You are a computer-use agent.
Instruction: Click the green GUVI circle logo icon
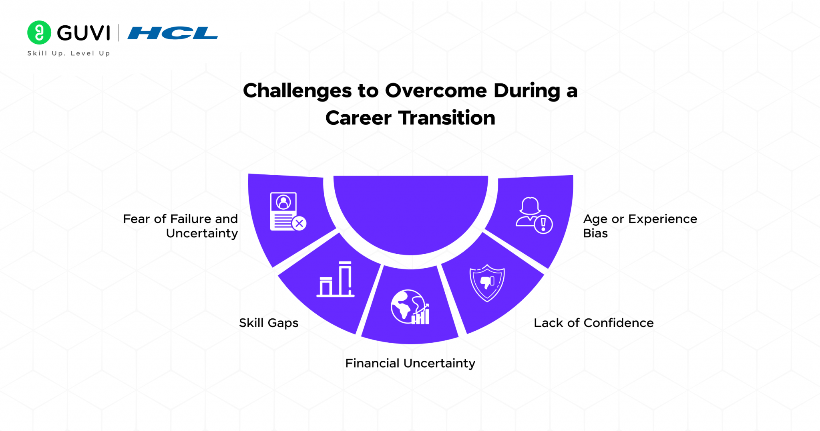tap(39, 32)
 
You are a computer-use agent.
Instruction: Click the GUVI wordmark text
tap(83, 33)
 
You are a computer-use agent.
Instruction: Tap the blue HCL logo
tap(173, 33)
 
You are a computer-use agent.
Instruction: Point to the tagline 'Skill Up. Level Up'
tap(68, 53)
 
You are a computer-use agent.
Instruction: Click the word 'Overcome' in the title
tap(436, 91)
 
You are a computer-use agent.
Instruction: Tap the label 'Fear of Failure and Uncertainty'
tap(181, 226)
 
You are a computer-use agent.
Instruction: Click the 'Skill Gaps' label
tap(269, 323)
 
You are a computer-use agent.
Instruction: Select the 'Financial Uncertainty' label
tap(410, 363)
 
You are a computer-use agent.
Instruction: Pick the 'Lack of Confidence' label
tap(593, 323)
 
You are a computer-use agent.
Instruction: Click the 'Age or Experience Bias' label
tap(639, 226)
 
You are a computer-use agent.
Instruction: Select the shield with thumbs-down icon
tap(487, 282)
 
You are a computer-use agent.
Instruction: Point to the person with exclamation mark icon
tap(533, 215)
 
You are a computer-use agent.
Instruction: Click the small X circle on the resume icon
tap(299, 223)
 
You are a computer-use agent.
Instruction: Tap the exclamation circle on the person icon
tap(543, 225)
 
